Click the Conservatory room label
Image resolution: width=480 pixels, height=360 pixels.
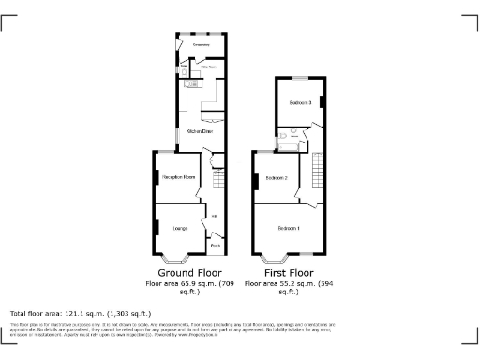point(201,44)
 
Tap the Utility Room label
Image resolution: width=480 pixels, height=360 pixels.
point(208,67)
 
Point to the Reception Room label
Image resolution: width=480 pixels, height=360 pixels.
point(179,176)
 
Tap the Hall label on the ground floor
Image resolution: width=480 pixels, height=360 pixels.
point(214,217)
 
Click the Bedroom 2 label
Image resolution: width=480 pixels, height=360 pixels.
point(276,177)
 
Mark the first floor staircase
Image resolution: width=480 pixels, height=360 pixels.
point(316,172)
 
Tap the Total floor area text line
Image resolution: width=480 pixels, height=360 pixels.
point(80,313)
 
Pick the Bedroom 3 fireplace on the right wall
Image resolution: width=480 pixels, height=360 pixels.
point(322,100)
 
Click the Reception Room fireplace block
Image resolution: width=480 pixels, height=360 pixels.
point(156,174)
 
